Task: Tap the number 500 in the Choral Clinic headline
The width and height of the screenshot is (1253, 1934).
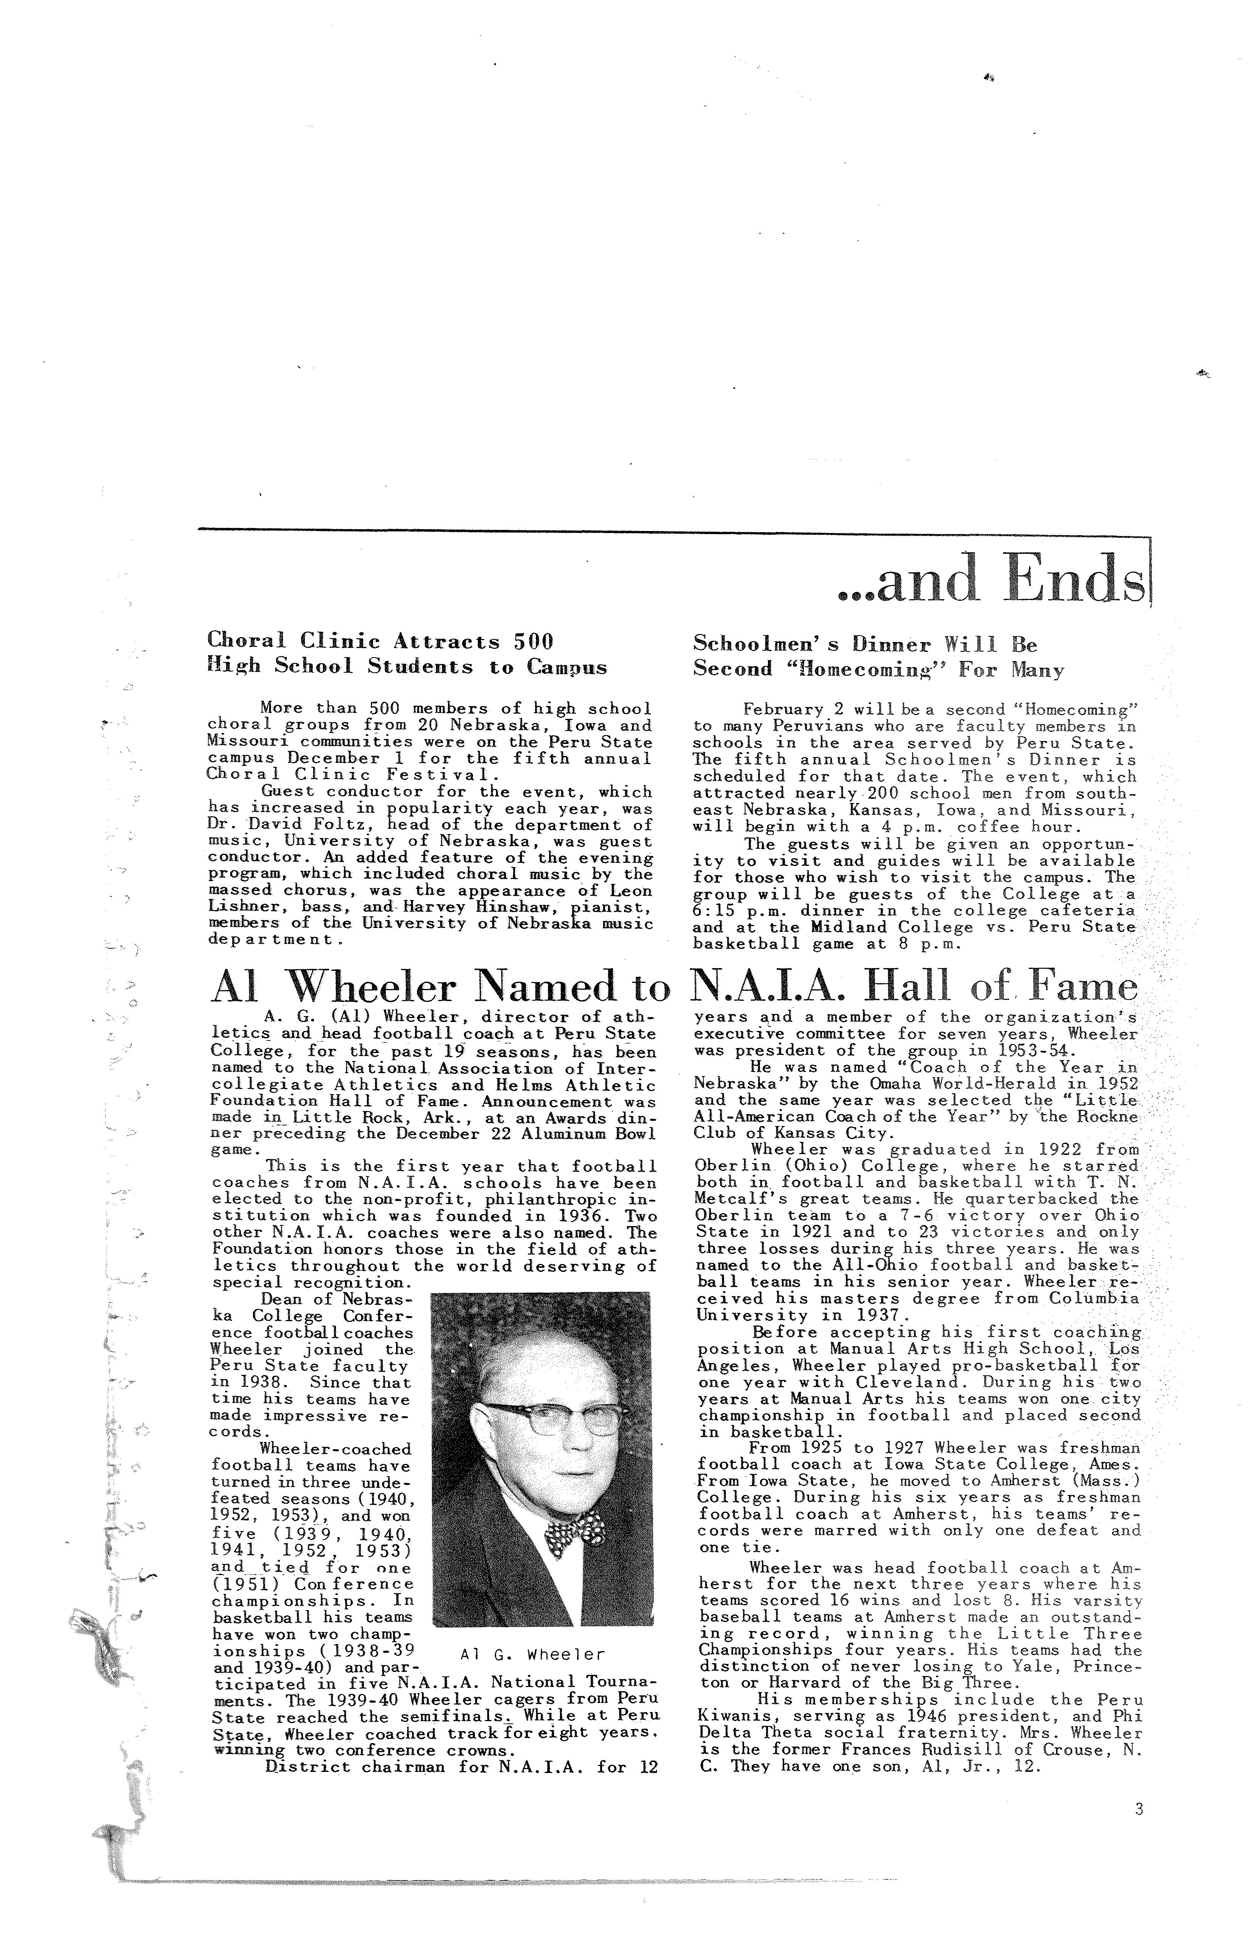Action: (532, 641)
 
